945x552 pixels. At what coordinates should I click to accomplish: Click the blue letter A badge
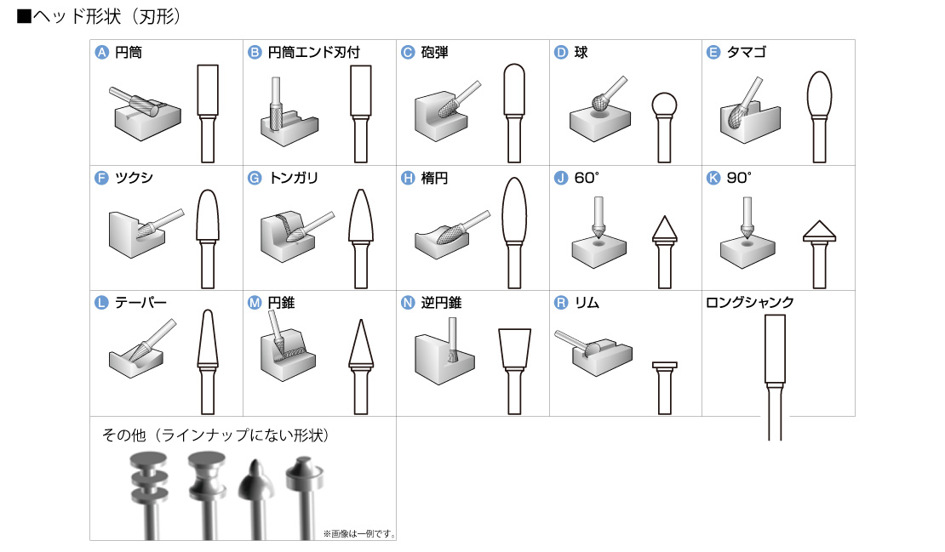pyautogui.click(x=101, y=53)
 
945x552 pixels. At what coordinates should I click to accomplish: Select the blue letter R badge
pyautogui.click(x=560, y=303)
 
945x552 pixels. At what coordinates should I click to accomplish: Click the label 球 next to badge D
pyautogui.click(x=581, y=53)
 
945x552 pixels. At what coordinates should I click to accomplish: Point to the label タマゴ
pyautogui.click(x=747, y=53)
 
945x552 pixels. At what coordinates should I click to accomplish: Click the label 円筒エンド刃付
pyautogui.click(x=313, y=53)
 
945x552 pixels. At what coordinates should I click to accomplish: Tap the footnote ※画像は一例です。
pyautogui.click(x=358, y=534)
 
